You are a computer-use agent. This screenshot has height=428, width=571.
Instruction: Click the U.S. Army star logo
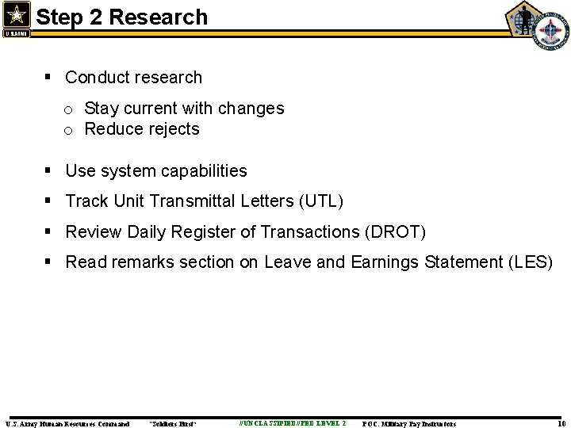click(x=15, y=17)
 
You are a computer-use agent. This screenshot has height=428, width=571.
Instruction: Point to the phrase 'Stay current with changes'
click(x=184, y=108)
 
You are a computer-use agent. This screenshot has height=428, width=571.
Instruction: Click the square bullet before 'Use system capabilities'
click(x=50, y=171)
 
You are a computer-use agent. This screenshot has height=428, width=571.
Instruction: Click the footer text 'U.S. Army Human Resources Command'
click(x=67, y=423)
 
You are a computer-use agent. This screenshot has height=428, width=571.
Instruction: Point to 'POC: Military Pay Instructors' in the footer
click(x=409, y=423)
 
